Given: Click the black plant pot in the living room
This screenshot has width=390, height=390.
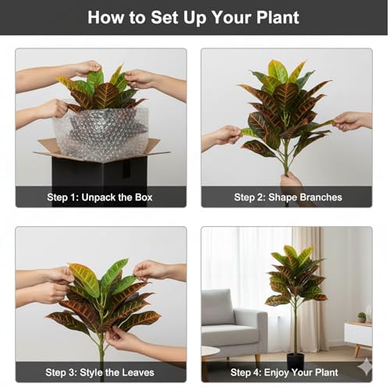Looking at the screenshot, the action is [x=296, y=361].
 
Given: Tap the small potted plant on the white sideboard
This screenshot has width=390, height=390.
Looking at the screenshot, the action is [x=362, y=317].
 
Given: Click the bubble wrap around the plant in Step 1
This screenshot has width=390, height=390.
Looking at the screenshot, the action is [x=101, y=134].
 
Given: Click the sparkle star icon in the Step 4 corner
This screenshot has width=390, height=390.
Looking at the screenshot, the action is [x=365, y=367].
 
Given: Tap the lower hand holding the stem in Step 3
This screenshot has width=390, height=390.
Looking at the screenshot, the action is [x=123, y=338].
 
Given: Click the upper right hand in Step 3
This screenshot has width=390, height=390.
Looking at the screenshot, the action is [x=151, y=271].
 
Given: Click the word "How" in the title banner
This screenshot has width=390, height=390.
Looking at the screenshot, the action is [x=105, y=17].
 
